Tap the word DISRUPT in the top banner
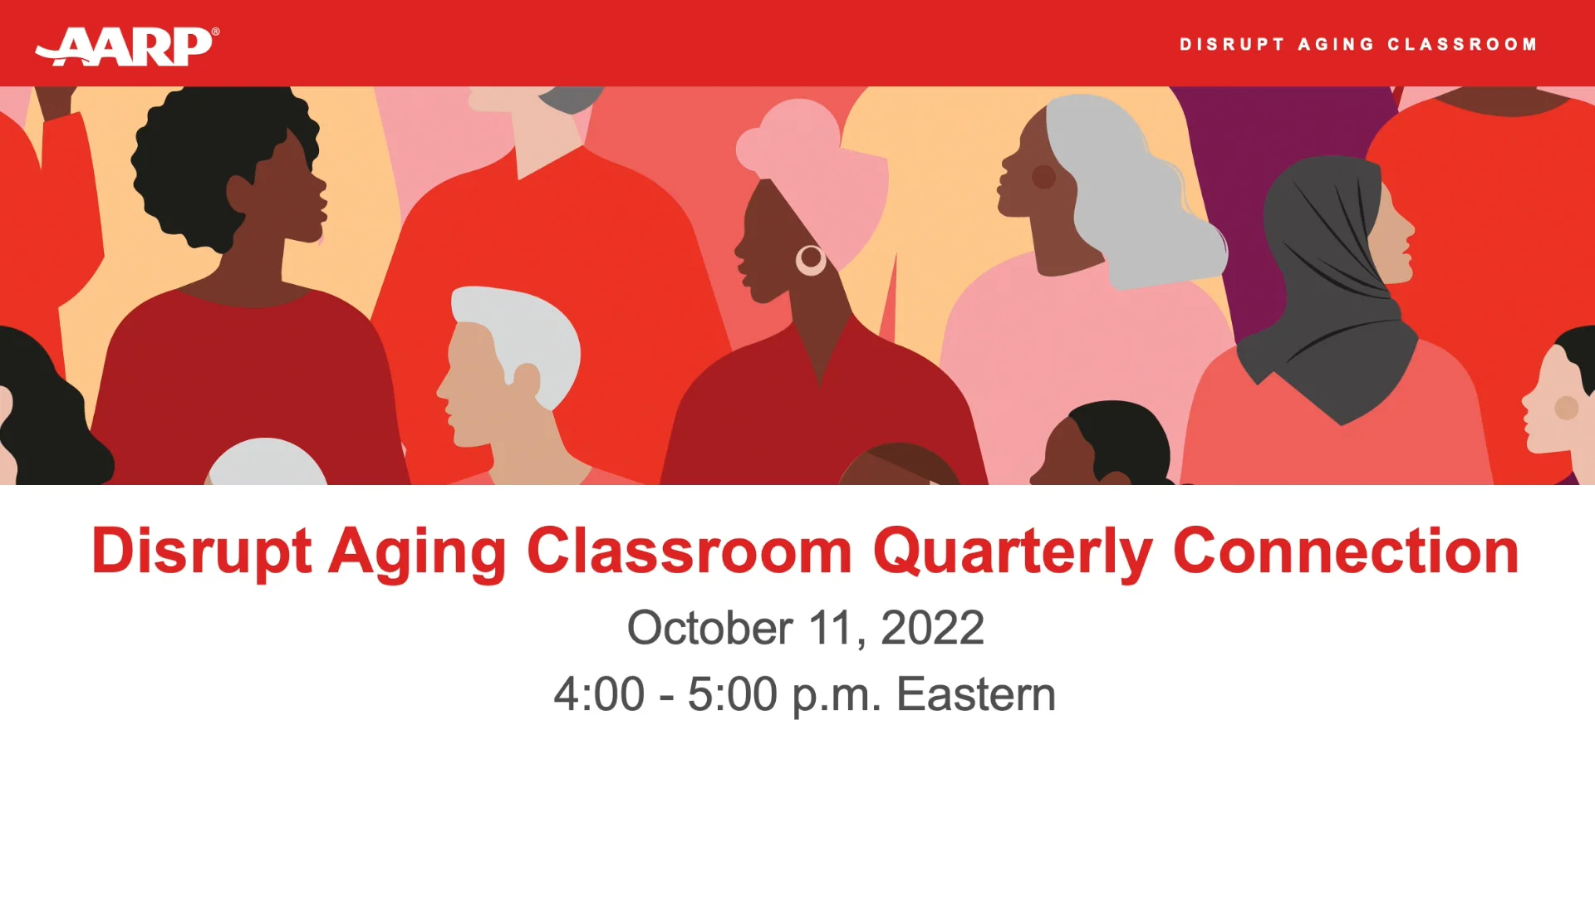(x=1232, y=45)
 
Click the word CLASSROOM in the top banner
(x=1462, y=45)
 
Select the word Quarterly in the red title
(x=1013, y=551)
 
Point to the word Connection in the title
(x=1345, y=551)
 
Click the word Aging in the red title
(x=417, y=551)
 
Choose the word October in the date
(x=709, y=628)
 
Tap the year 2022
(x=932, y=628)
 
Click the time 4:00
(x=599, y=694)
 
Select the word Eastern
(x=975, y=694)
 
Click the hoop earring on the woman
(x=811, y=260)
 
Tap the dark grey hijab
(x=1321, y=274)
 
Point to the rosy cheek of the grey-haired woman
(x=1043, y=176)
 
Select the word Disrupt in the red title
(x=201, y=551)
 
